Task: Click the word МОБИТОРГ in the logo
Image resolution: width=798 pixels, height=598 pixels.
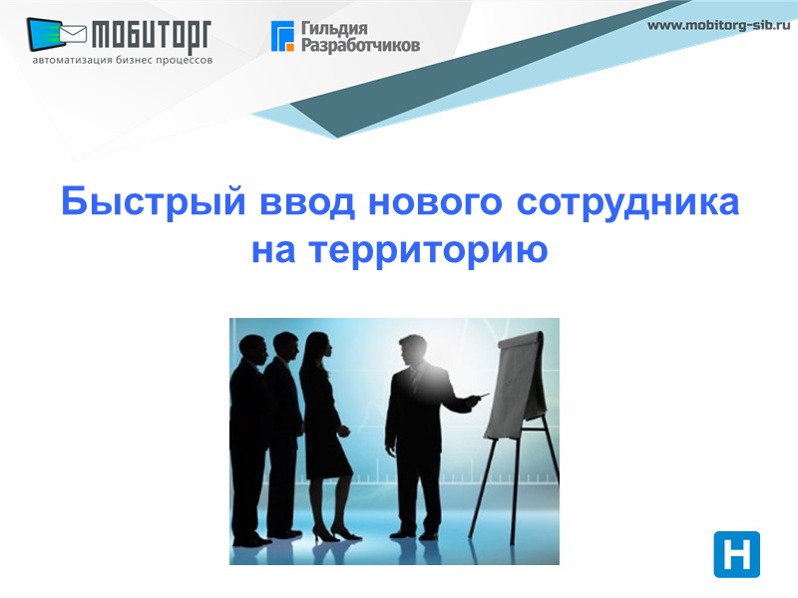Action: (x=152, y=36)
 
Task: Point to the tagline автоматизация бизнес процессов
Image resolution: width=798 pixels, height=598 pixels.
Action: (x=122, y=60)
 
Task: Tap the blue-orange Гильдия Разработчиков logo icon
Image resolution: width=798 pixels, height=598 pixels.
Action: (x=283, y=36)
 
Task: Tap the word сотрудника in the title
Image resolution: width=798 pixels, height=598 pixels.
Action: (x=628, y=202)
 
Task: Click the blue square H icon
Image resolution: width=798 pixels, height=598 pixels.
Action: (x=736, y=554)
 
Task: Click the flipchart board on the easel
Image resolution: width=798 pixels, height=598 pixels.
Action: (x=521, y=377)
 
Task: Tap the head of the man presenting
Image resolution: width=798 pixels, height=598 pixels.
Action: (x=411, y=353)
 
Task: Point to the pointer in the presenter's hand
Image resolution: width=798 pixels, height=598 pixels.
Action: (x=483, y=397)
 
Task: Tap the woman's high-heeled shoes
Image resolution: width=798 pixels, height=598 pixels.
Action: (x=324, y=535)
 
